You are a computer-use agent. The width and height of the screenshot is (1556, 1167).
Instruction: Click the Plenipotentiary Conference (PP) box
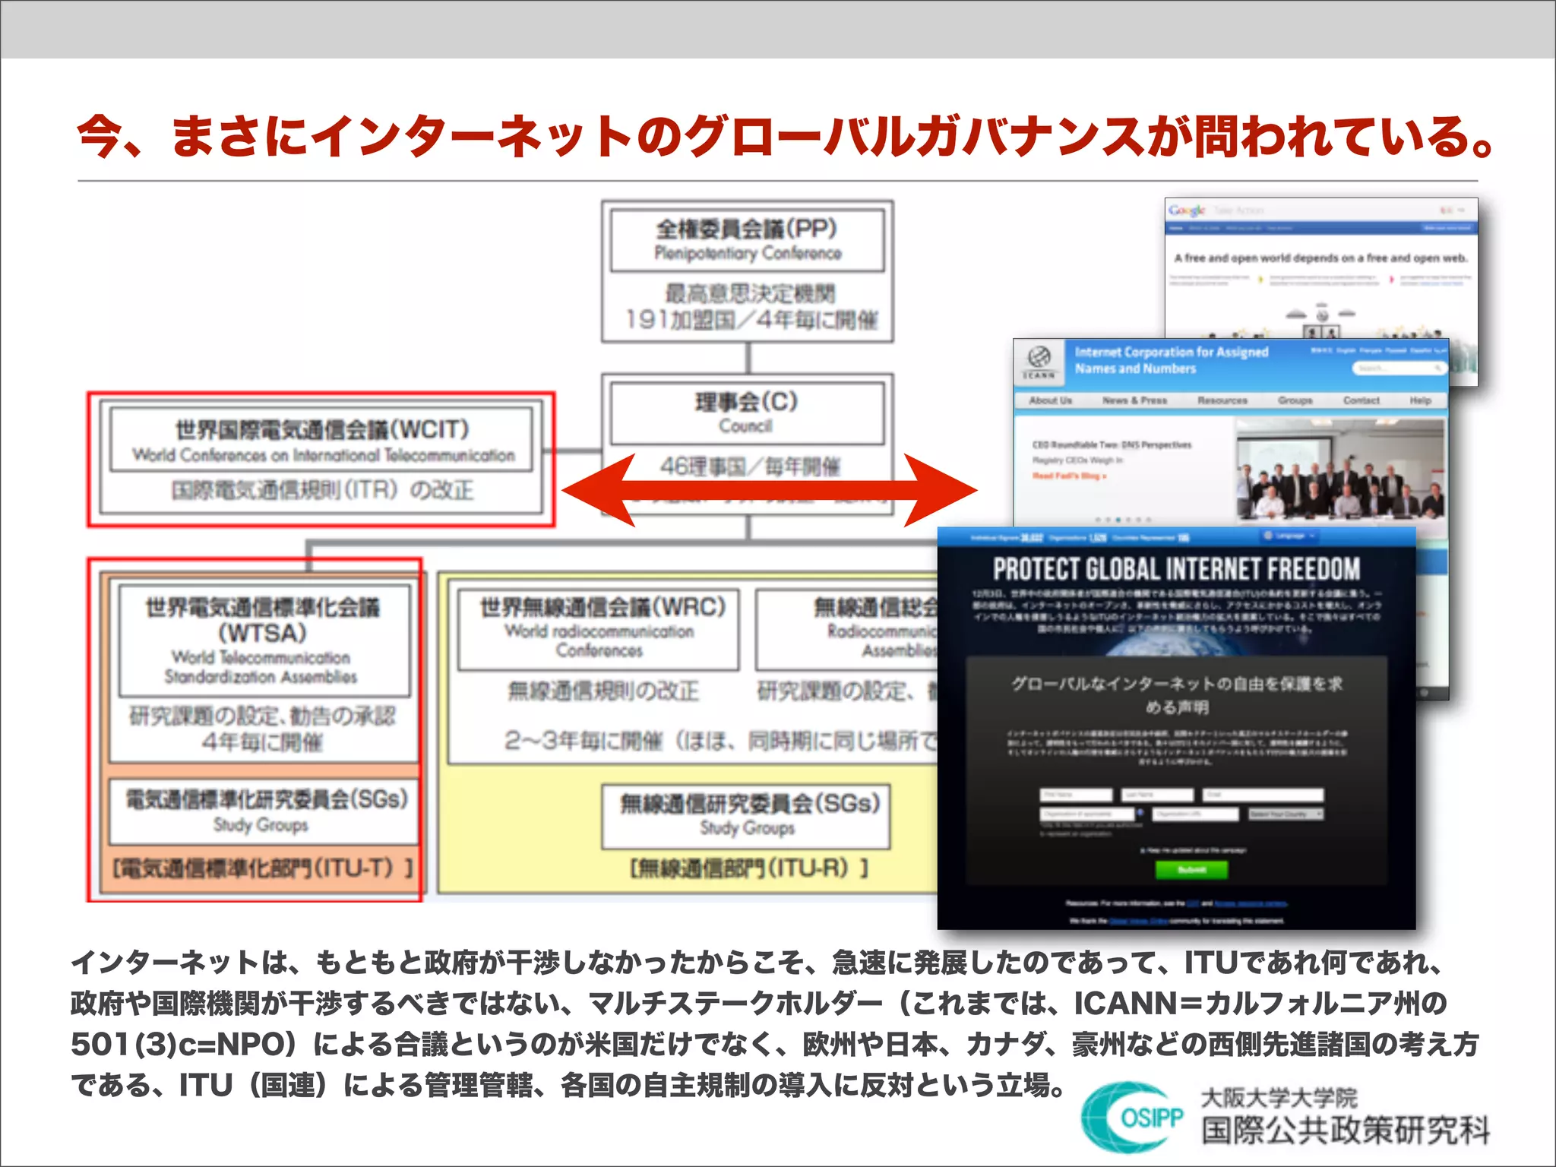pos(748,240)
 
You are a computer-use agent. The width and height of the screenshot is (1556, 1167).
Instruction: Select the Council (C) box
pos(747,413)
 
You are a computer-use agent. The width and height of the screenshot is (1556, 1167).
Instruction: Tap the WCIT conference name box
pos(322,440)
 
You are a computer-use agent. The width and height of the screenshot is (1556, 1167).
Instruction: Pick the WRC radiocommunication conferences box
pos(599,629)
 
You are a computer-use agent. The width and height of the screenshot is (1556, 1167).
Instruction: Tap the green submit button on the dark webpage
pos(1191,869)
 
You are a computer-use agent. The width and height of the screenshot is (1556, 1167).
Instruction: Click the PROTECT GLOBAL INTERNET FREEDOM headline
pos(1176,569)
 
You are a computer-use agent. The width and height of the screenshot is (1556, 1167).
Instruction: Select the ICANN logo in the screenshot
pos(1039,361)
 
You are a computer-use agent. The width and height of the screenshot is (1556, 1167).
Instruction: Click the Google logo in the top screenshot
pos(1187,210)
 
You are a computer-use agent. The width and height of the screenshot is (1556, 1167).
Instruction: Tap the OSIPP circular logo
pos(1133,1118)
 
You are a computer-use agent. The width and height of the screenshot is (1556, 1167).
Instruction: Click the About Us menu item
pos(1051,400)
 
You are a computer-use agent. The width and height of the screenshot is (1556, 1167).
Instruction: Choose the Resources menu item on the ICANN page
pos(1222,400)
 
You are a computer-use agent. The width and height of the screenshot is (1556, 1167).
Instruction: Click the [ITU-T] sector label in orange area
pos(263,868)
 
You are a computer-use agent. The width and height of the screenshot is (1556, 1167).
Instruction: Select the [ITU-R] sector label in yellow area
pos(748,868)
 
